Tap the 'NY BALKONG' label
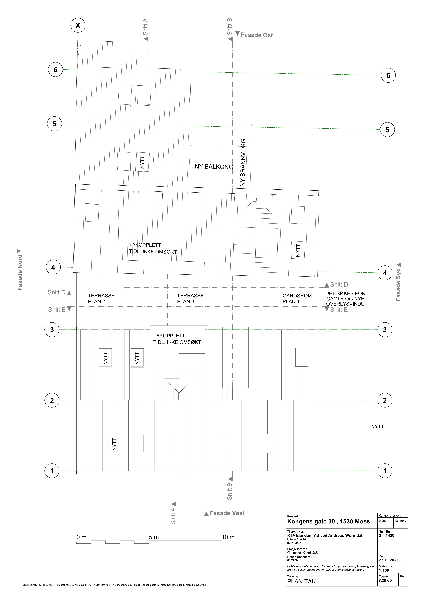point(214,167)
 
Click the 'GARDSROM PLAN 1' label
point(297,298)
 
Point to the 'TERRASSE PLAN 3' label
point(190,298)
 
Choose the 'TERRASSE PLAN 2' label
point(101,298)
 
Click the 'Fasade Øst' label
point(257,35)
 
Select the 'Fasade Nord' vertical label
point(20,272)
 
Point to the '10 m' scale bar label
point(228,537)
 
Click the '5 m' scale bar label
point(154,537)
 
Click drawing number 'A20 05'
point(385,580)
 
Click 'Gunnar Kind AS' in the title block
point(302,553)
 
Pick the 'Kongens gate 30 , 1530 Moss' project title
point(328,521)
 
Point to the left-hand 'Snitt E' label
point(57,310)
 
